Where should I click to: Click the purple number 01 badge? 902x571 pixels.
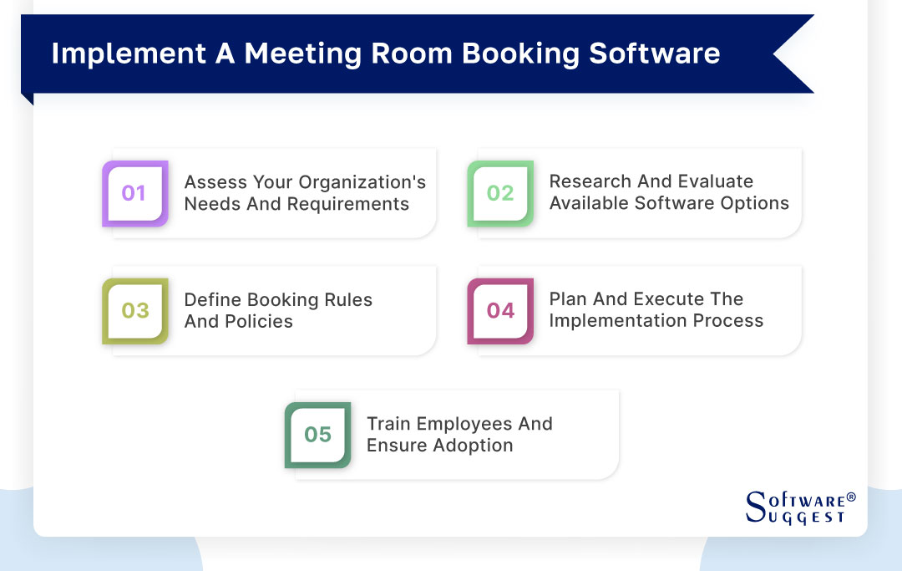[x=134, y=193]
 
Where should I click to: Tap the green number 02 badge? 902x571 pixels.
[x=499, y=193]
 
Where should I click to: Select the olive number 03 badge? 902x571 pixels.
[x=134, y=311]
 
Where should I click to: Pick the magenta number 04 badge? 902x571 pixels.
[x=499, y=311]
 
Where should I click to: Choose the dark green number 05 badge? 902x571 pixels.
[x=317, y=435]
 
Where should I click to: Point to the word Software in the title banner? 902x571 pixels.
[x=655, y=54]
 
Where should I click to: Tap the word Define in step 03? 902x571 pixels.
[x=213, y=300]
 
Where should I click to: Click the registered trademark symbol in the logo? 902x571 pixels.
[x=851, y=497]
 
